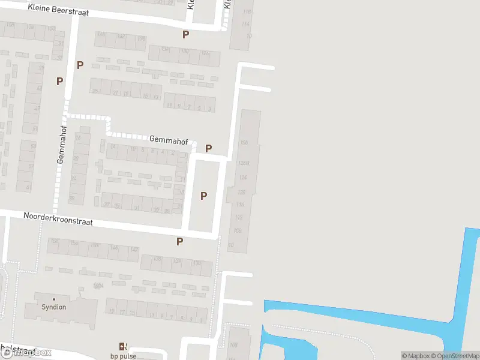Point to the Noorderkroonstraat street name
pyautogui.click(x=58, y=218)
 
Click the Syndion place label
pyautogui.click(x=54, y=307)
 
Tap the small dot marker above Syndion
pyautogui.click(x=54, y=299)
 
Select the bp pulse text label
pyautogui.click(x=123, y=356)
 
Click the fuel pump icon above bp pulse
pyautogui.click(x=123, y=346)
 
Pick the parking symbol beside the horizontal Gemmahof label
pyautogui.click(x=209, y=148)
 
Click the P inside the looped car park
pyautogui.click(x=203, y=195)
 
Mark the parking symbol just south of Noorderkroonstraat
pyautogui.click(x=179, y=241)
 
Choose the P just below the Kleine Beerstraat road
pyautogui.click(x=185, y=35)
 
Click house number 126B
pyautogui.click(x=243, y=163)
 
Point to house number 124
pyautogui.click(x=242, y=178)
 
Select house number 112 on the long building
pyautogui.click(x=238, y=217)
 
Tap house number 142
pyautogui.click(x=134, y=250)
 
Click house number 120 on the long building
pyautogui.click(x=241, y=192)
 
